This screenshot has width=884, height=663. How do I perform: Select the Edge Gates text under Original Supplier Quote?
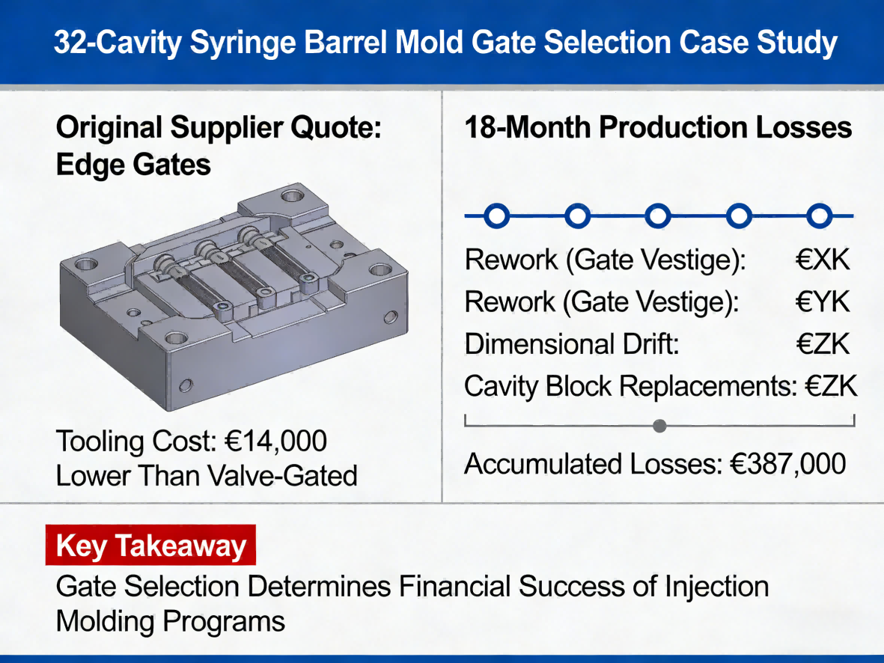pos(133,165)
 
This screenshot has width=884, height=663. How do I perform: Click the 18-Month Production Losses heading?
pos(658,128)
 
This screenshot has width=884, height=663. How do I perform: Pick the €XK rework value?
pos(822,260)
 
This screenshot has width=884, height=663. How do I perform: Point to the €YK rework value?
pos(822,302)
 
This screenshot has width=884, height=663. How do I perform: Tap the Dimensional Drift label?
pos(571,344)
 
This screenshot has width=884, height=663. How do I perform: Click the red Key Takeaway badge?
pos(151,546)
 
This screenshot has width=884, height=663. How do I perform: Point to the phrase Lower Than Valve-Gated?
pos(207,475)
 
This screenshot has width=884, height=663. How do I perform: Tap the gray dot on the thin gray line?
pos(659,427)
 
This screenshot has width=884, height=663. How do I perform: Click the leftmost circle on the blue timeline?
pos(497,217)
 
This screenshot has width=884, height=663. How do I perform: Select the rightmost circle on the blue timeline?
pos(820,217)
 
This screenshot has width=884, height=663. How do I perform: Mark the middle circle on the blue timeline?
pos(658,217)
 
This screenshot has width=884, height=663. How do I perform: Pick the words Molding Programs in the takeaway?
pos(171,621)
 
